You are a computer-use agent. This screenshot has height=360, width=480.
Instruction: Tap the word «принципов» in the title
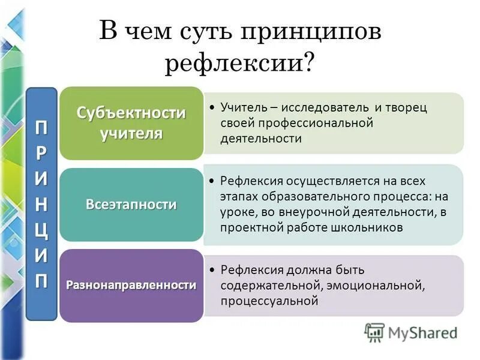pos(311,31)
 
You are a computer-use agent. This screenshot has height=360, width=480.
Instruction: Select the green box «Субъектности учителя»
pos(131,123)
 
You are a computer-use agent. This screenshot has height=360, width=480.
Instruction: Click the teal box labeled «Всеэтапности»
pos(131,205)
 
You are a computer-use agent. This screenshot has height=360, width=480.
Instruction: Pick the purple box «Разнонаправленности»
pos(131,285)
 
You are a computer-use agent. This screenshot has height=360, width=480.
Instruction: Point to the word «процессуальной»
pos(269,301)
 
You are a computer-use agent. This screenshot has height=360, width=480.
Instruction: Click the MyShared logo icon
pos(374,332)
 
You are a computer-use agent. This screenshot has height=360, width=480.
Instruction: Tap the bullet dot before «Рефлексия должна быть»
pos(214,270)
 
